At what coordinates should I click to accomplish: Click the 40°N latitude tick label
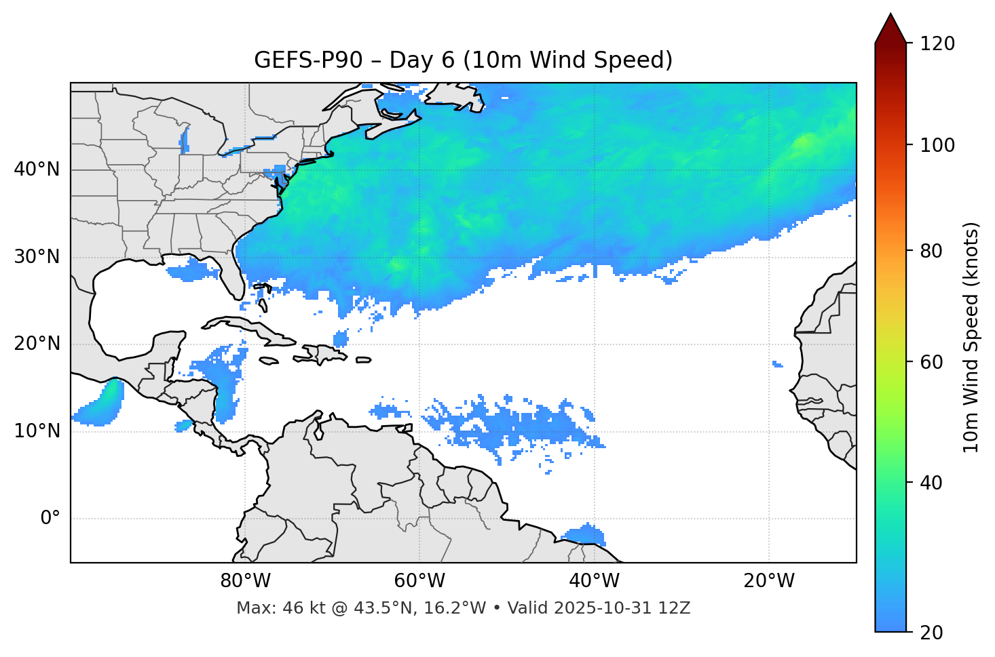click(37, 170)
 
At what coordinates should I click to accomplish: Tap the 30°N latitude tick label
click(37, 257)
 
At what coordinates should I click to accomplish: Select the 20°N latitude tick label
click(37, 344)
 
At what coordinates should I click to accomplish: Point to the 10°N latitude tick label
click(37, 431)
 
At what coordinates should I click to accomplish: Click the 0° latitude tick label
click(50, 519)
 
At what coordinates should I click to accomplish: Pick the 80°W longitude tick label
click(245, 581)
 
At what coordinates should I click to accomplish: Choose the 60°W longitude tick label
click(419, 581)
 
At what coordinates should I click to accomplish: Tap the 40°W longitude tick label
click(594, 581)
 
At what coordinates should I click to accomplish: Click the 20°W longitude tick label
click(768, 581)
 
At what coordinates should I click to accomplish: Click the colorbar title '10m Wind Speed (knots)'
click(971, 337)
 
